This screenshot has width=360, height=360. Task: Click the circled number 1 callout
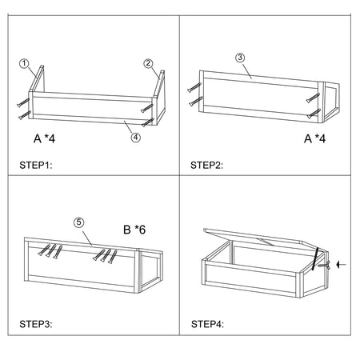coord(24,64)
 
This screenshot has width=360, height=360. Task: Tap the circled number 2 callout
coord(148,63)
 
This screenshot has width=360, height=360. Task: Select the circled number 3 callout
coord(240,58)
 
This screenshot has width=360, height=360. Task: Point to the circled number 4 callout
coord(136,138)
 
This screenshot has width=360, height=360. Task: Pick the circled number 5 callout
coord(78,222)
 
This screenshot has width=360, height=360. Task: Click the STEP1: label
coord(36,166)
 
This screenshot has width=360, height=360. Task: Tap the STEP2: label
coord(206,166)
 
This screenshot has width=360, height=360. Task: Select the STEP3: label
coord(36,324)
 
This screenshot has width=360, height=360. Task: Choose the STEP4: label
coord(207,324)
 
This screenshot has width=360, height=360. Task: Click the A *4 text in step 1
coord(44,138)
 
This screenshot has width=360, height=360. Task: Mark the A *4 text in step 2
coord(315,138)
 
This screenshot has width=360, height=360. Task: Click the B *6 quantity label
coord(134,230)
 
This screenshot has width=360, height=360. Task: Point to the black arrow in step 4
coord(341,265)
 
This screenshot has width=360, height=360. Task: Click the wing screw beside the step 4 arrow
coord(324,266)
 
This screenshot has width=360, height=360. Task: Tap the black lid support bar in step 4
coord(315,258)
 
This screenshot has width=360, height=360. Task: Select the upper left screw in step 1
coord(23,102)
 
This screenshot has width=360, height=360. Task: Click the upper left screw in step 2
coord(194,87)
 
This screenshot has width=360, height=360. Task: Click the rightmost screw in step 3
coord(113,257)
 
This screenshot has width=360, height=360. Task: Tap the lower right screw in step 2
coord(314,114)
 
